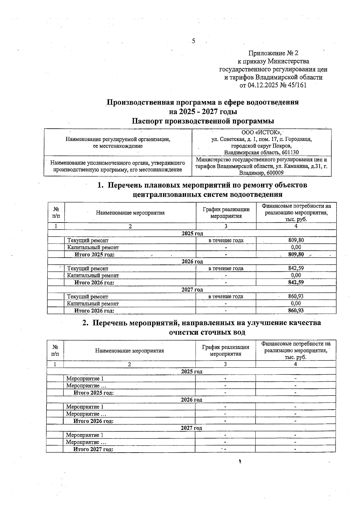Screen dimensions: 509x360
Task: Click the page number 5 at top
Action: coord(193,41)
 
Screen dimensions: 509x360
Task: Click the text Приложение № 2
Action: coord(273,53)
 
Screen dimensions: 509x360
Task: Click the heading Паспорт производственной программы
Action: coord(203,121)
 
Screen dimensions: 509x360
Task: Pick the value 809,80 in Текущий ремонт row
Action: coord(296,240)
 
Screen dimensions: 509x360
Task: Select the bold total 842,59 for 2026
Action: coord(296,282)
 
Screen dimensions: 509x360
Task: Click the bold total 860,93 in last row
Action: coord(296,310)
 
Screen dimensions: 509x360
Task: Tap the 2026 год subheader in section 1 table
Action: coord(192,262)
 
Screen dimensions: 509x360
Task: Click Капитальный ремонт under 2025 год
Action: coord(93,247)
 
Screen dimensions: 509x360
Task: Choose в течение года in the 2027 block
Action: coord(226,296)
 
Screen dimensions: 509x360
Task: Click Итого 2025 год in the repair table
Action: coord(94,255)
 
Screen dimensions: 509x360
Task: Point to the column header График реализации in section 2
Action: coord(226,347)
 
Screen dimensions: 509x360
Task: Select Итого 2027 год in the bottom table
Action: coord(93,449)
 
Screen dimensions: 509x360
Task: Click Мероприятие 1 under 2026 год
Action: coord(85,407)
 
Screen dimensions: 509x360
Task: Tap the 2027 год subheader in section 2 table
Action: coord(191,428)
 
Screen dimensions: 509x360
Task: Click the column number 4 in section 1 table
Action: coord(296,226)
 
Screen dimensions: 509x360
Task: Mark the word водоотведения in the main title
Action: coord(272,102)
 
